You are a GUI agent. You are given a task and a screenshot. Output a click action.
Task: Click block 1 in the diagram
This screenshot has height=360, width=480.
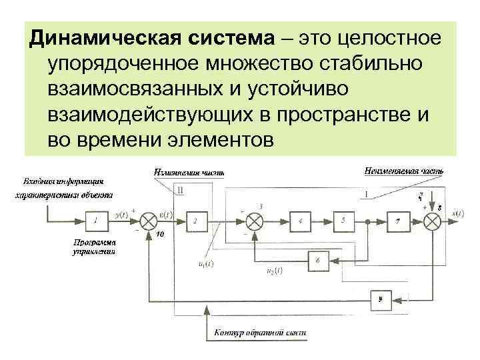[97, 219]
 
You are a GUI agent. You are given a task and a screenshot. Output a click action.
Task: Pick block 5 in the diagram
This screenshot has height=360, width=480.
[342, 219]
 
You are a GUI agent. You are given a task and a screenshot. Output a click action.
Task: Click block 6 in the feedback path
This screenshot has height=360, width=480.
[319, 260]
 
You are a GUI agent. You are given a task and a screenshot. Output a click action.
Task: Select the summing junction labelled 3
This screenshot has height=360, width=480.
[254, 219]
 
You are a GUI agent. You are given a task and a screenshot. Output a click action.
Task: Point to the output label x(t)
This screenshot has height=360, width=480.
[458, 213]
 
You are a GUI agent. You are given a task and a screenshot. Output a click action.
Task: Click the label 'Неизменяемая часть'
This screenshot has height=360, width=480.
[404, 171]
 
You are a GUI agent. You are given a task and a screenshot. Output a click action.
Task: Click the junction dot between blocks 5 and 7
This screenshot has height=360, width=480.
[367, 219]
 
